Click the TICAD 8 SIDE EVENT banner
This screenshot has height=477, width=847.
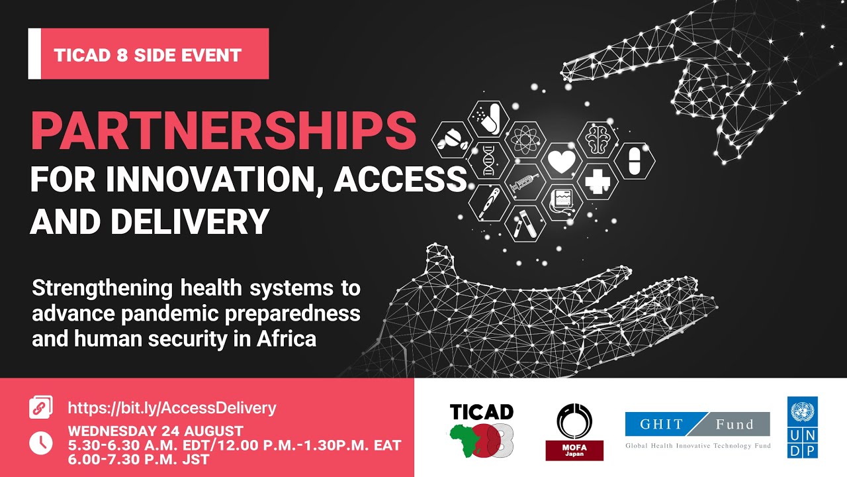148,54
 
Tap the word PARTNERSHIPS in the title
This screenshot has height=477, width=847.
224,131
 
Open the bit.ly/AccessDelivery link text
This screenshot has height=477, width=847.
172,407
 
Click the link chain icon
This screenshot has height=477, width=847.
41,407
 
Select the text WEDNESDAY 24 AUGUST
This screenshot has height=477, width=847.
156,431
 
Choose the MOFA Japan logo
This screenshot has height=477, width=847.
574,431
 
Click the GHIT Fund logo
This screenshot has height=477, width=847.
697,429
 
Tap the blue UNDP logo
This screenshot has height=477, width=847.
802,427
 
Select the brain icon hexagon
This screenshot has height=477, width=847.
598,140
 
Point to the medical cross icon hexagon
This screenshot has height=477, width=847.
598,182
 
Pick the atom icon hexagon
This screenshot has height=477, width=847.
525,140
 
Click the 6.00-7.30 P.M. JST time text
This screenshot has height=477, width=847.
139,459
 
